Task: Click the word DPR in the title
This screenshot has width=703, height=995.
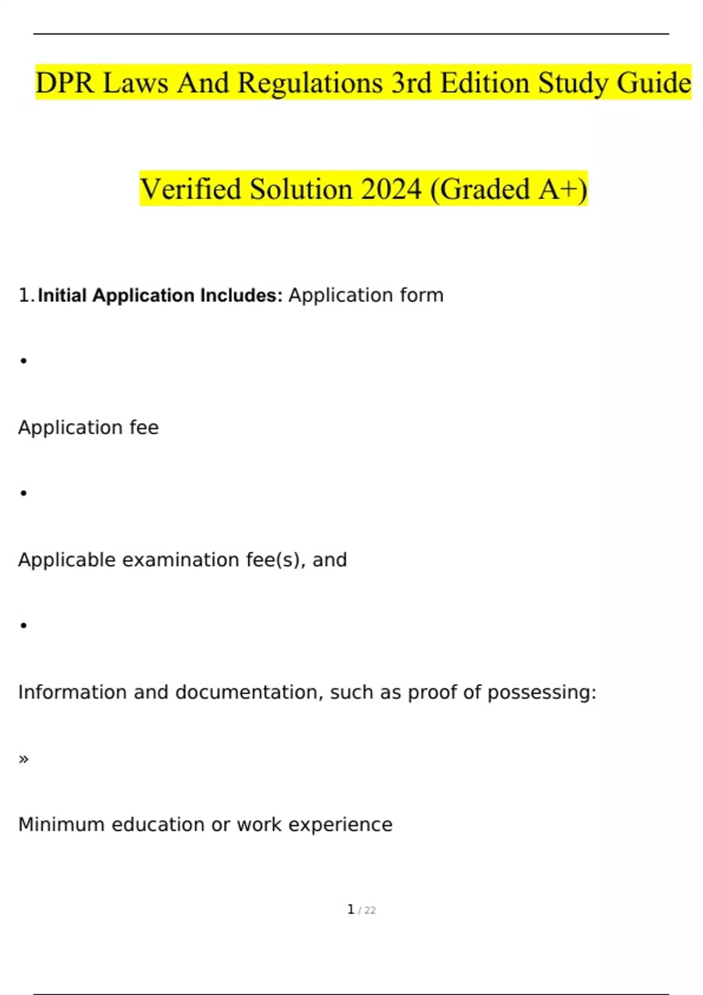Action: [64, 83]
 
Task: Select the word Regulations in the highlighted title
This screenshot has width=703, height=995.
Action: [310, 83]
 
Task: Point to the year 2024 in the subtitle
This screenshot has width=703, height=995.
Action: [391, 189]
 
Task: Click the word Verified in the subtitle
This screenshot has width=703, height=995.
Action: [190, 189]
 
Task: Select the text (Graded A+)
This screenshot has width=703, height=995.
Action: [509, 189]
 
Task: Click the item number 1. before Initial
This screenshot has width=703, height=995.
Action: [26, 296]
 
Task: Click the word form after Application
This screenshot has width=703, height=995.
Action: [421, 296]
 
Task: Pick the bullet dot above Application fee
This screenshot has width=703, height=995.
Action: [23, 361]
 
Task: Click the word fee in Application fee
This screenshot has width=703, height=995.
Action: [144, 428]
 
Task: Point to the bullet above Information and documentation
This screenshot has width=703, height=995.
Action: [23, 626]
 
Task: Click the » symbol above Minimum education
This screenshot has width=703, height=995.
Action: [23, 759]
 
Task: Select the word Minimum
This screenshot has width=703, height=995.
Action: [62, 825]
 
